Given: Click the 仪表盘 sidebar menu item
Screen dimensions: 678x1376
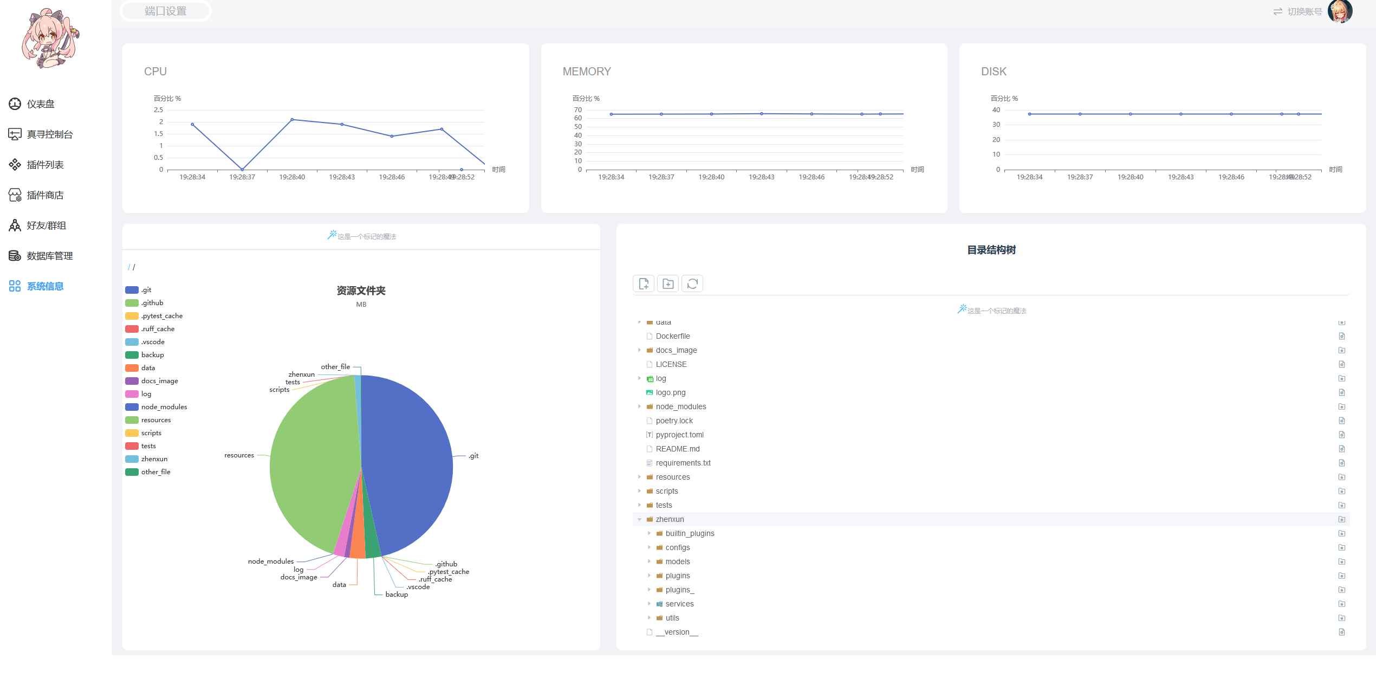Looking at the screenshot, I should point(40,104).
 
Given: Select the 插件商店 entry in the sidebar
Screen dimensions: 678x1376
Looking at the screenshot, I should point(44,195).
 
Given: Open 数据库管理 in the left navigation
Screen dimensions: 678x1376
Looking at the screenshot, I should point(49,256).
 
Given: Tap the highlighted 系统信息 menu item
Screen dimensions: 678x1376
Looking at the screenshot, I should point(44,286).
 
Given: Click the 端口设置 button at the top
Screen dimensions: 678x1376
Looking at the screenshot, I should point(165,11).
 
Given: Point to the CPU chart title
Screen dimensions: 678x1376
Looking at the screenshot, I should point(155,72).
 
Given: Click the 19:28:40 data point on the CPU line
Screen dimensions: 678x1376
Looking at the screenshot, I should point(292,119).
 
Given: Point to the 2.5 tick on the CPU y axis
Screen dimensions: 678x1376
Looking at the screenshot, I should point(158,110).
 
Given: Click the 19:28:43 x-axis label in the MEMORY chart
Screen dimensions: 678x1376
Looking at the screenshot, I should point(761,177).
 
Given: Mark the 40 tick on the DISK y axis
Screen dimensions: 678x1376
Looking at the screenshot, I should point(996,110).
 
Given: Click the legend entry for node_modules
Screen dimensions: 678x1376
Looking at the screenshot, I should point(164,407).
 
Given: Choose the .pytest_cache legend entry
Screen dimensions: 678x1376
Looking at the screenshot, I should point(161,316).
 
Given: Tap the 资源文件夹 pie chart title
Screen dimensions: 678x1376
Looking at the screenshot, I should point(361,291).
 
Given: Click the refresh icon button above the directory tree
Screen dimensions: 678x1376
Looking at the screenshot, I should point(692,283).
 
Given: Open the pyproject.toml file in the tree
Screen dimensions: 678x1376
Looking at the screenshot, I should point(679,435).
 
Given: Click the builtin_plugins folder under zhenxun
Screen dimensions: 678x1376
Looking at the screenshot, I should point(690,533).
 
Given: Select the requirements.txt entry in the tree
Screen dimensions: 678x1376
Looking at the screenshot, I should point(683,463).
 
